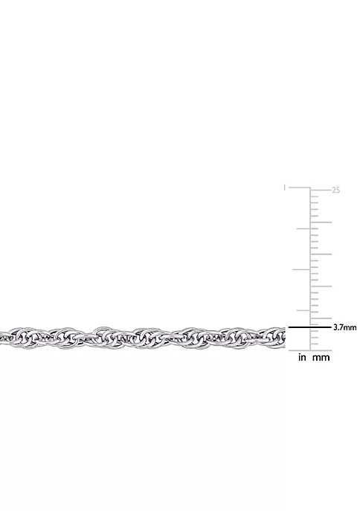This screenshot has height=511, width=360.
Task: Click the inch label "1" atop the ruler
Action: point(284,187)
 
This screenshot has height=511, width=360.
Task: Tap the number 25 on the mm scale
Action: point(336,190)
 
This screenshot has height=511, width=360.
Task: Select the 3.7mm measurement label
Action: point(344,327)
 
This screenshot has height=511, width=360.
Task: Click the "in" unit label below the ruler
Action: point(302,358)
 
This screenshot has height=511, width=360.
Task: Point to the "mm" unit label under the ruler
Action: point(321,358)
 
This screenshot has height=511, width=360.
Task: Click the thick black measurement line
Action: point(309,327)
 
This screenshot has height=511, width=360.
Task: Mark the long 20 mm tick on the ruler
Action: point(321,222)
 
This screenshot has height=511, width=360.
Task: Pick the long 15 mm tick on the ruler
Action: point(321,254)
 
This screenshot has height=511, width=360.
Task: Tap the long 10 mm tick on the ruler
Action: point(321,286)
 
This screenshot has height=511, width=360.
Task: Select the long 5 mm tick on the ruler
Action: point(321,318)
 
